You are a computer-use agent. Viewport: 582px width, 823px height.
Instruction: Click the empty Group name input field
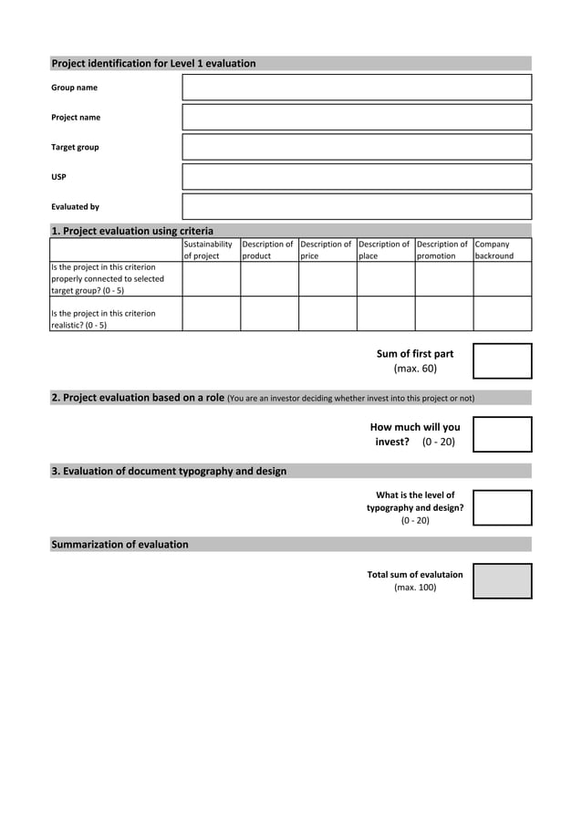point(357,88)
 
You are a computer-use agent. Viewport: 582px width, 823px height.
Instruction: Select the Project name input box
point(357,117)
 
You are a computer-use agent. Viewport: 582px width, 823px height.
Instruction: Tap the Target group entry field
point(357,147)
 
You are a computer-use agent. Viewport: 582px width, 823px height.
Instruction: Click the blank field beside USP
point(357,177)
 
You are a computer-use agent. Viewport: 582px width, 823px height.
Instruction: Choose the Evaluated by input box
point(357,206)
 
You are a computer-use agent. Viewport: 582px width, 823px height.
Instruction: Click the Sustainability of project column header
point(211,250)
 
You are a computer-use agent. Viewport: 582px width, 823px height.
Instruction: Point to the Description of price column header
point(327,250)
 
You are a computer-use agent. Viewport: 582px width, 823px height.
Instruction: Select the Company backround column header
point(502,250)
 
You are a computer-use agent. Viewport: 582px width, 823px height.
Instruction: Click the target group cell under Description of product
point(269,279)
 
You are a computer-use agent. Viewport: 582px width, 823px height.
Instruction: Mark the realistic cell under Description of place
point(386,314)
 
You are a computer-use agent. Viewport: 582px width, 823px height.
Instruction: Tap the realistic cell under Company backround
point(502,314)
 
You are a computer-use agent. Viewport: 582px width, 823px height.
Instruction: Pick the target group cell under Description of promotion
point(444,279)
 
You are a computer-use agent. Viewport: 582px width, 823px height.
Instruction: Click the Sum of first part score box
point(502,361)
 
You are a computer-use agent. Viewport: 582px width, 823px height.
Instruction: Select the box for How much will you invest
point(502,434)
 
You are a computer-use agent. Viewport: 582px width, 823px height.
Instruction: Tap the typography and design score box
point(502,508)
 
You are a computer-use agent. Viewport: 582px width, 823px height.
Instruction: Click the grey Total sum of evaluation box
point(502,581)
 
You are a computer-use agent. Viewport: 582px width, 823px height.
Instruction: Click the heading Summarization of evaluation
point(120,545)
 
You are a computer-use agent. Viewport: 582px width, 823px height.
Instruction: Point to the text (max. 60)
point(415,369)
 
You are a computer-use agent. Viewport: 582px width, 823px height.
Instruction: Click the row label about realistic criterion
point(103,319)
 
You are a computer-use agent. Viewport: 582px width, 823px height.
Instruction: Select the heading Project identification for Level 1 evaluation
point(153,64)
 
